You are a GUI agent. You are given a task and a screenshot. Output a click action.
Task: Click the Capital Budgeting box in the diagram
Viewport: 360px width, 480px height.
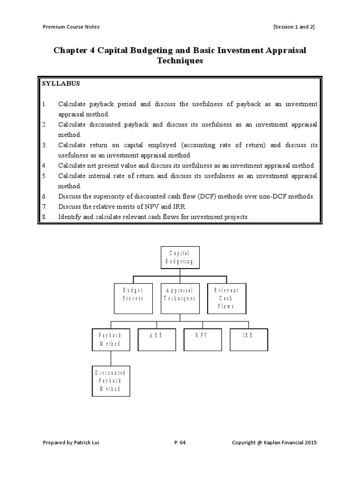pos(180,257)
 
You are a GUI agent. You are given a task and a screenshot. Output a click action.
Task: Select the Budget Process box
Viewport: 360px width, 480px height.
pos(133,299)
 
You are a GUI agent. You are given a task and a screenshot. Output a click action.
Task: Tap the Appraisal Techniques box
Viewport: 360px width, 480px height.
pos(180,299)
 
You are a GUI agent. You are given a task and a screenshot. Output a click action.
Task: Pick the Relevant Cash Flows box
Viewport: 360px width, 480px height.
pos(226,299)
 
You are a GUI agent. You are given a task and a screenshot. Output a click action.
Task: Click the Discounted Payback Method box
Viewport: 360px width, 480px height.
pos(111,382)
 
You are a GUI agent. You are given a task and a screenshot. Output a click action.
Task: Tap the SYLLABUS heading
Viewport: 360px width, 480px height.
pos(61,83)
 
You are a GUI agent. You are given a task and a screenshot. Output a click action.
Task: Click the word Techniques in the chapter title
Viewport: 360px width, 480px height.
pos(180,61)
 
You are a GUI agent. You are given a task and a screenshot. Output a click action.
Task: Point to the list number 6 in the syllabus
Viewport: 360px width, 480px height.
pos(45,196)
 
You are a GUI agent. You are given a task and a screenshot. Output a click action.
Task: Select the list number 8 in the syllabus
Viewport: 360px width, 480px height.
pos(45,217)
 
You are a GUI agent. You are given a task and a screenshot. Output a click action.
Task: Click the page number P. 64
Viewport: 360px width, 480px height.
pos(180,442)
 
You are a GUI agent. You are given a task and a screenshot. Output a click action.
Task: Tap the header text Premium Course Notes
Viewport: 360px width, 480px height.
pos(71,27)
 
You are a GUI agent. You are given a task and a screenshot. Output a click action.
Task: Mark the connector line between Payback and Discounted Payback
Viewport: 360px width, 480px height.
pos(111,359)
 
